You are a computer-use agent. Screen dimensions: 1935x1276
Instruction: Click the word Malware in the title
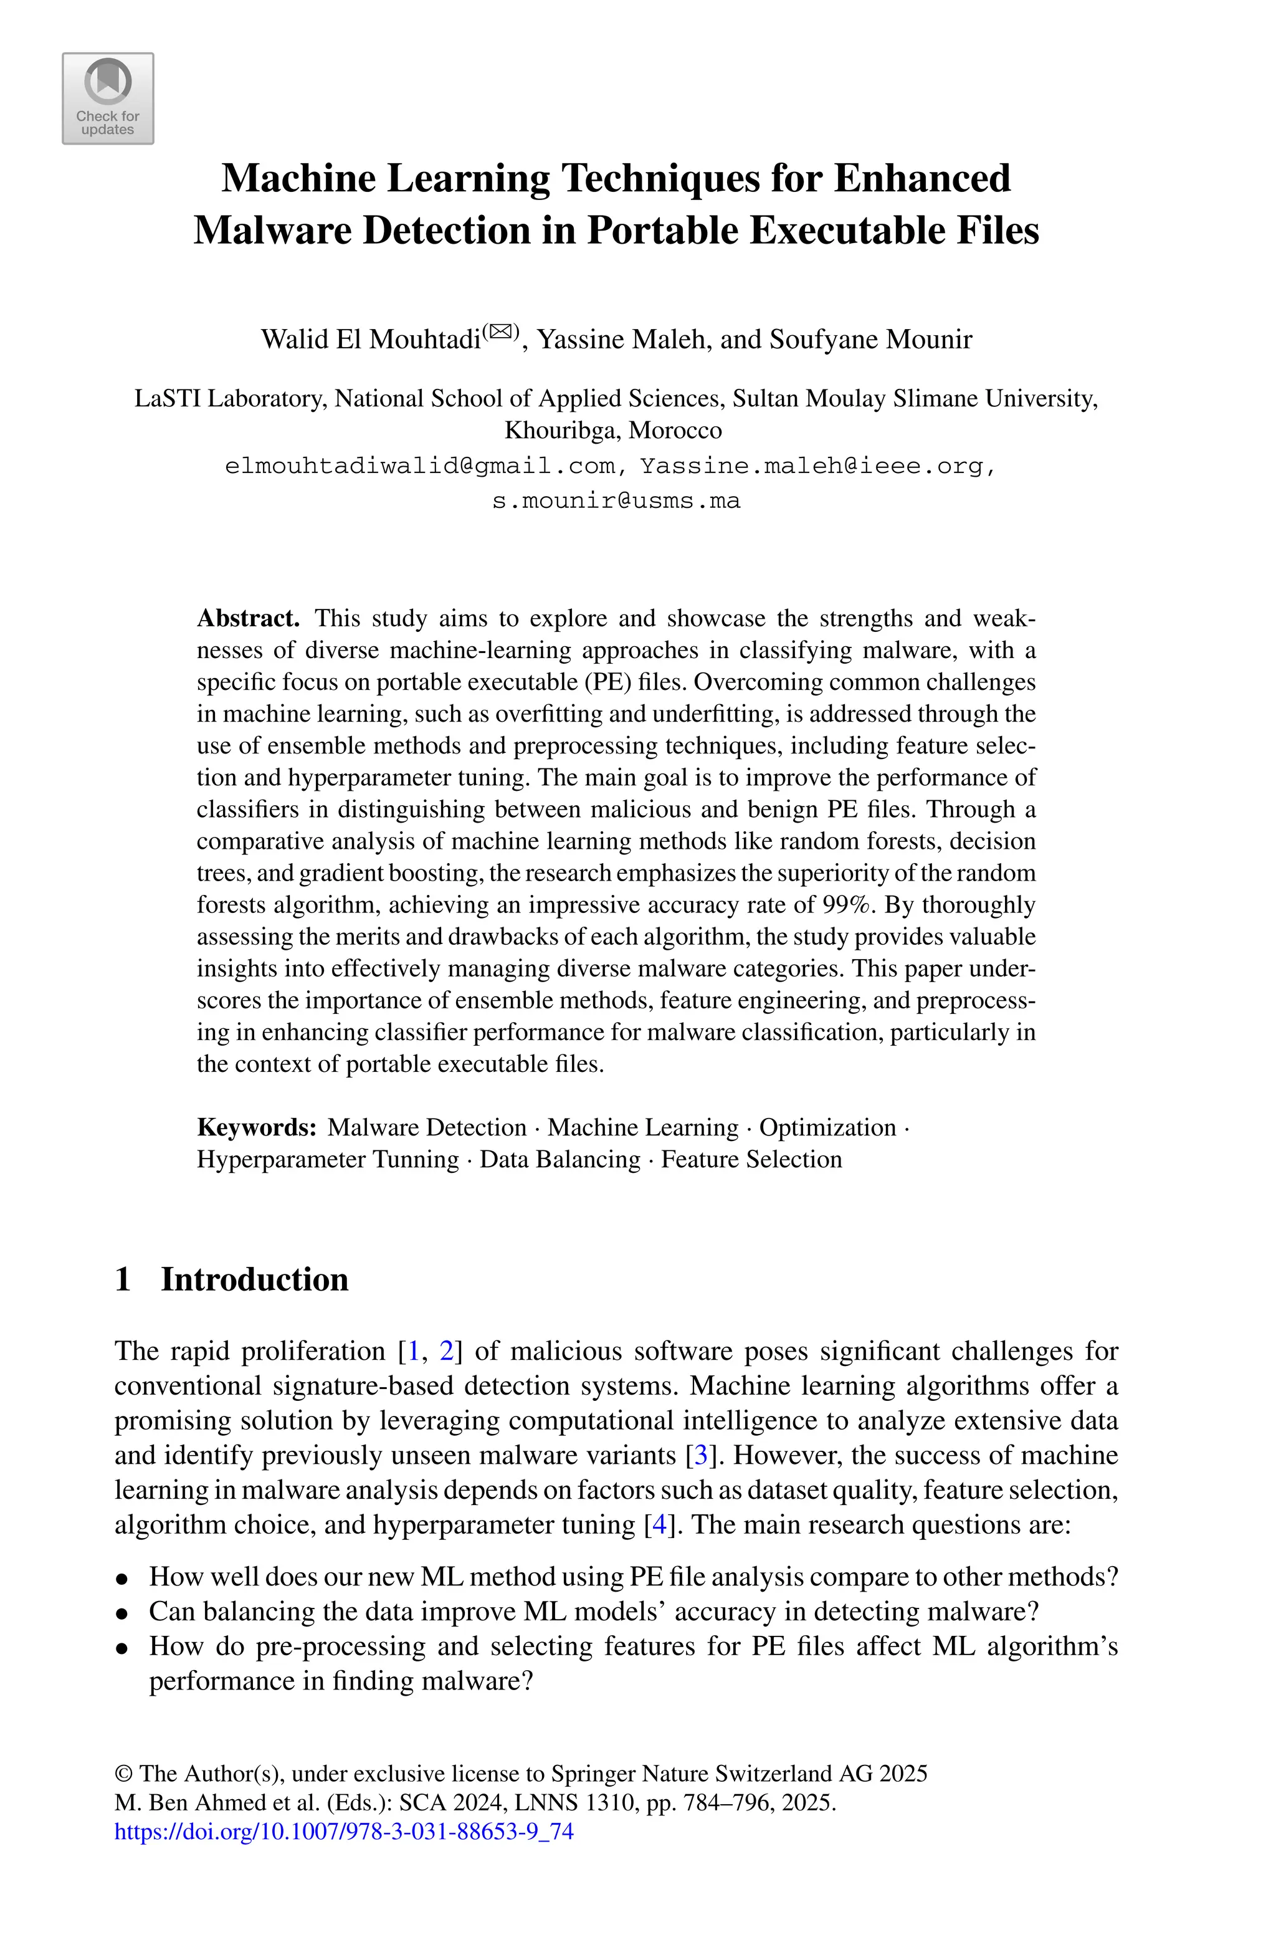[x=272, y=231]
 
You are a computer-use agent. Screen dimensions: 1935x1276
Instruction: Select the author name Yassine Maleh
[x=621, y=338]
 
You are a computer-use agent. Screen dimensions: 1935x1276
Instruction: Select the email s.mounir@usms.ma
[x=616, y=500]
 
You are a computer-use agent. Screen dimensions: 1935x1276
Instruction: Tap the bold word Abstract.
[x=248, y=618]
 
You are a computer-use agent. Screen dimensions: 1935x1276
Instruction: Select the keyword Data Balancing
[x=560, y=1160]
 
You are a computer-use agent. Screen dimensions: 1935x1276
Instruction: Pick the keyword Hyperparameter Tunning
[x=327, y=1160]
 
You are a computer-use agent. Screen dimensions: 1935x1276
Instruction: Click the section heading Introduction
[x=254, y=1279]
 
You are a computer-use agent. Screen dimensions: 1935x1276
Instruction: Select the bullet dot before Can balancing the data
[x=122, y=1612]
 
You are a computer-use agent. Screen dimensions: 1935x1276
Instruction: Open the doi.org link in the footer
[x=344, y=1832]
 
